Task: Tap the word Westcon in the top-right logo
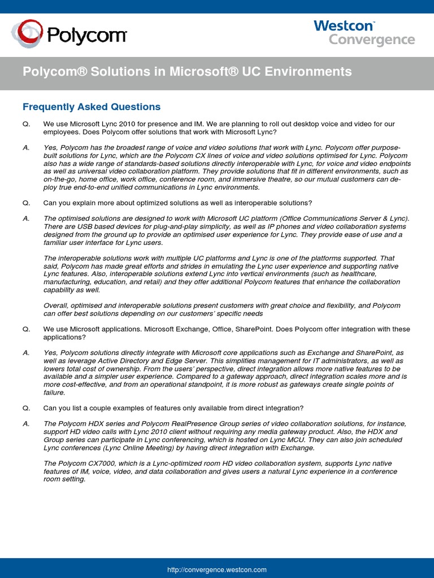(x=344, y=26)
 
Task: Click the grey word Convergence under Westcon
(x=372, y=40)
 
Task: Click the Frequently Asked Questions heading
(x=92, y=107)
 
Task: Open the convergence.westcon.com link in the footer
(x=217, y=570)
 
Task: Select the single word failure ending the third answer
(x=55, y=392)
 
